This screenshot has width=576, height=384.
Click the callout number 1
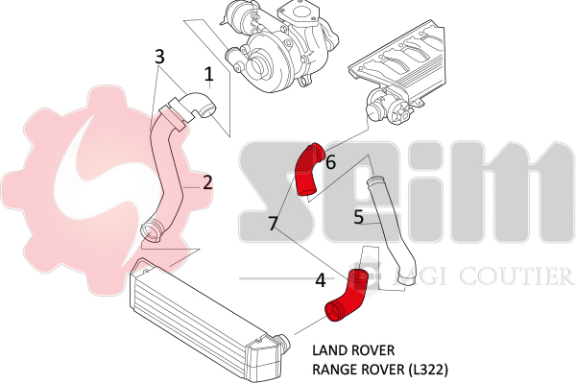tap(207, 73)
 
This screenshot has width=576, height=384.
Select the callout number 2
tap(206, 181)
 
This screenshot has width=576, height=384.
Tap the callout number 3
tap(160, 57)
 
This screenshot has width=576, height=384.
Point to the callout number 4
tap(320, 280)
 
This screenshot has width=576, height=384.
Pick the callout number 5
tap(358, 217)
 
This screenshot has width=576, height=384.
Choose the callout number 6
tap(330, 162)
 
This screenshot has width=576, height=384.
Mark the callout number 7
tap(274, 224)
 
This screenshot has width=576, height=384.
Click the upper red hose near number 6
tap(309, 170)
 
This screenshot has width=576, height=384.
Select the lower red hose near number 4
tap(348, 296)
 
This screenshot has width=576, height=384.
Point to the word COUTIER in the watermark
tap(522, 277)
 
